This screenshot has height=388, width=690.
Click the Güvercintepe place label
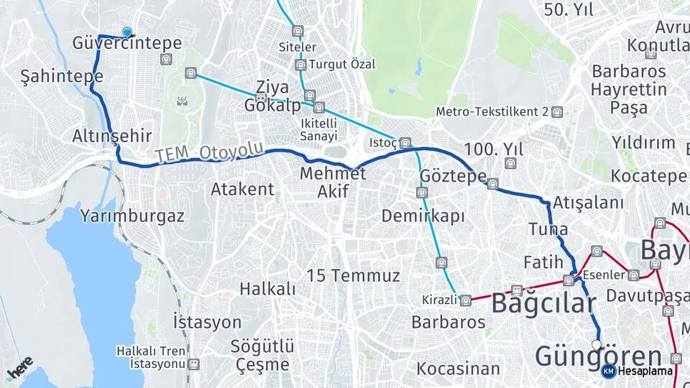(x=126, y=44)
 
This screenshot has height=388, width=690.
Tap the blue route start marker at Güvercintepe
(x=127, y=32)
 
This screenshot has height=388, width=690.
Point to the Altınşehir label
(x=111, y=136)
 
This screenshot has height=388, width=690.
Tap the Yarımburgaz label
(x=132, y=215)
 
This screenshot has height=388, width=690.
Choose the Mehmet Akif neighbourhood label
(x=333, y=183)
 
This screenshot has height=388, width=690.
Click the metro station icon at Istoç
(x=405, y=142)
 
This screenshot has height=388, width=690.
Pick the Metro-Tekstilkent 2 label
(x=492, y=112)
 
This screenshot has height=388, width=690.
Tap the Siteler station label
(x=297, y=47)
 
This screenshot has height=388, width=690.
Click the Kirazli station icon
(x=466, y=300)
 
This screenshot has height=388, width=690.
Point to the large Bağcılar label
(x=544, y=304)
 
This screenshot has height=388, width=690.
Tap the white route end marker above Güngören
(x=596, y=345)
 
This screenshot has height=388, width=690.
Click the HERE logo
(x=20, y=368)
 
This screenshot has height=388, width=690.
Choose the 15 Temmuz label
(x=353, y=275)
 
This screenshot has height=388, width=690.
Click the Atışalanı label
(x=589, y=203)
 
